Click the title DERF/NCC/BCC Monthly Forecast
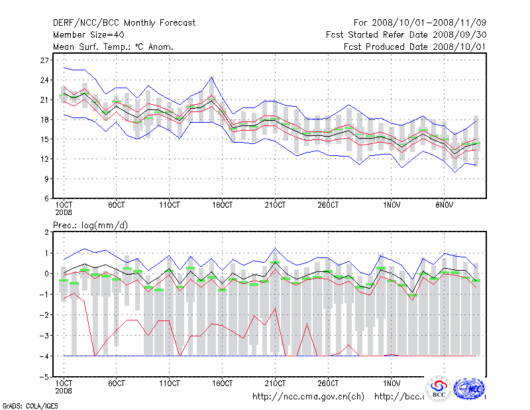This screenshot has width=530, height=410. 124,23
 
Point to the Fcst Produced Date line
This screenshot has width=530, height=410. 415,46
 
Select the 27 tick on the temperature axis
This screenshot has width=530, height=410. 45,60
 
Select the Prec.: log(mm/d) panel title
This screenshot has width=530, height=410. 91,226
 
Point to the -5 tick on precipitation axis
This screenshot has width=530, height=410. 44,377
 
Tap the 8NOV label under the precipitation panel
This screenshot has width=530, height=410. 445,383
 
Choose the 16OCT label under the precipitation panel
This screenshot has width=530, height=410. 223,383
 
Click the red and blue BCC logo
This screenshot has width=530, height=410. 439,389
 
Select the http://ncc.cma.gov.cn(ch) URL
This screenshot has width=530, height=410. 309,397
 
